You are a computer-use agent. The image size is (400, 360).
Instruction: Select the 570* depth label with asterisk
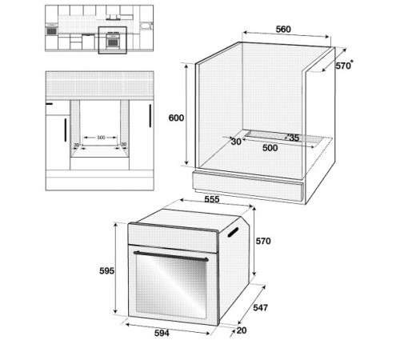click(344, 66)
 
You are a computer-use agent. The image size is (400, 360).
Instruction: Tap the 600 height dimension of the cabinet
click(176, 118)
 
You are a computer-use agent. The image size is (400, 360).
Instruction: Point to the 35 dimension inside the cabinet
click(293, 138)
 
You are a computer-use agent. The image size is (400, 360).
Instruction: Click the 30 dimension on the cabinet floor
click(236, 142)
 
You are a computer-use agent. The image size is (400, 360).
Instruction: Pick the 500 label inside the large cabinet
click(270, 148)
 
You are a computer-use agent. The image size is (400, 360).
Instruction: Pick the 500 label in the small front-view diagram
click(101, 138)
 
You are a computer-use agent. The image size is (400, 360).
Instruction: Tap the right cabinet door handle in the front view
click(150, 116)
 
